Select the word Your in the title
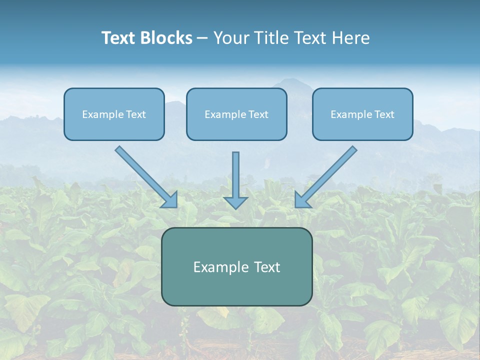point(232,38)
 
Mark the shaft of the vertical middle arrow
point(235,172)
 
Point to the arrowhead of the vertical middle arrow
point(235,202)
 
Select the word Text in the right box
point(384,114)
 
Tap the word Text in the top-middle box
point(258,114)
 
